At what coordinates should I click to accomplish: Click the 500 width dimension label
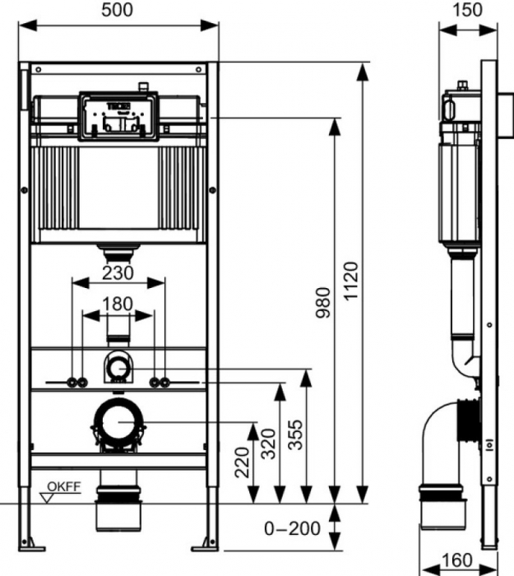coord(118,10)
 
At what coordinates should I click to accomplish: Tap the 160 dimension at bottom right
coord(456,560)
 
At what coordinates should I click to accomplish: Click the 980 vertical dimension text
coord(322,304)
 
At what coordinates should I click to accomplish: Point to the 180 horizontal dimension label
coord(117,303)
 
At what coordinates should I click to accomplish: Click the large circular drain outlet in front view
coord(118,422)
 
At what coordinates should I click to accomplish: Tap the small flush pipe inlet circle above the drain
coord(118,367)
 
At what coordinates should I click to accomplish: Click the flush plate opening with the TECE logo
coord(118,115)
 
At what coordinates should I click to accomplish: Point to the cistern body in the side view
coord(457,189)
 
